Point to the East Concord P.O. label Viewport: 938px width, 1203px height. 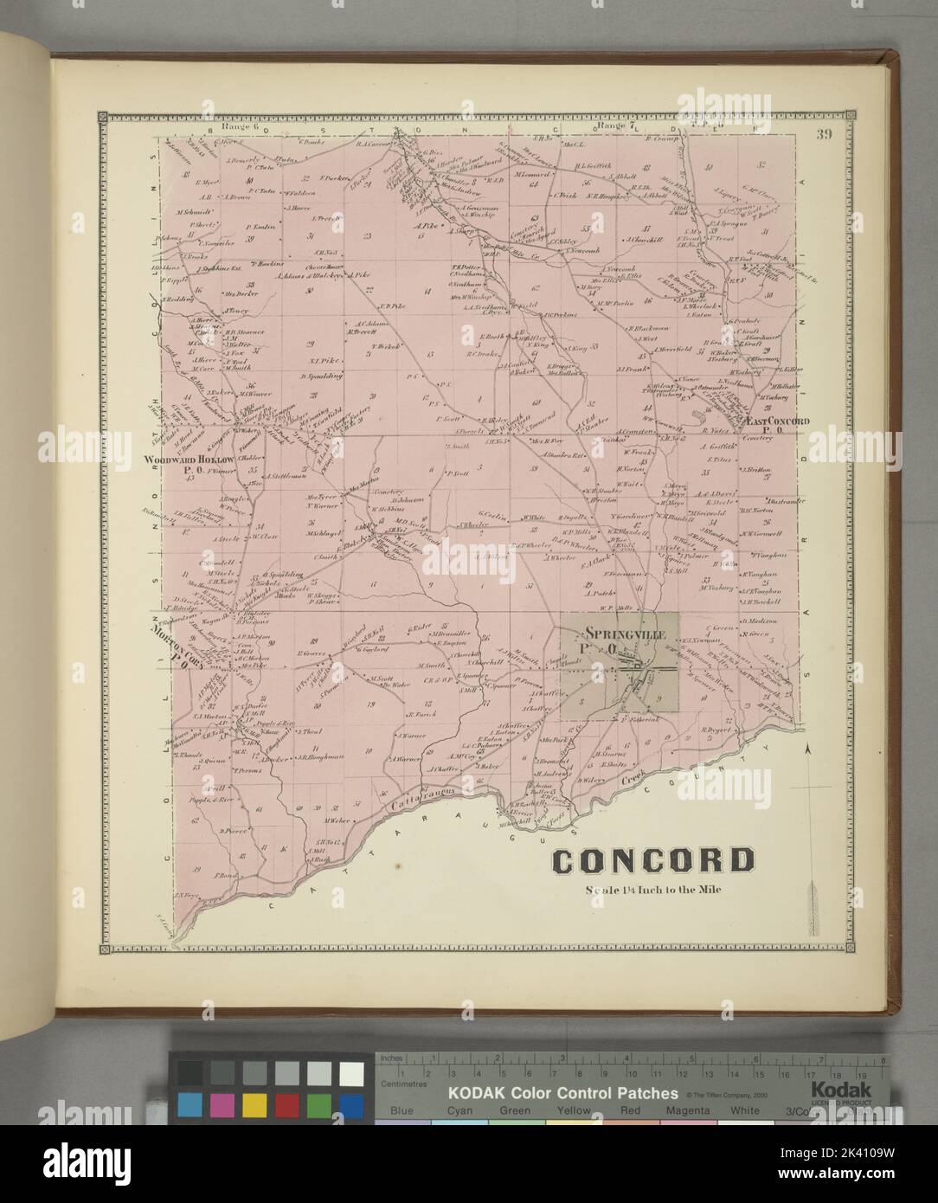pyautogui.click(x=777, y=421)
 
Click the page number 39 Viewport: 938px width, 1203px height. pyautogui.click(x=820, y=134)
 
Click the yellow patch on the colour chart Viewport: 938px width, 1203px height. pyautogui.click(x=254, y=1105)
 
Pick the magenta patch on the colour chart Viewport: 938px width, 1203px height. pyautogui.click(x=222, y=1105)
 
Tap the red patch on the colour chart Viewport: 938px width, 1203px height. pyautogui.click(x=286, y=1105)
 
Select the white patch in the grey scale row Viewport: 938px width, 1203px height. pyautogui.click(x=350, y=1073)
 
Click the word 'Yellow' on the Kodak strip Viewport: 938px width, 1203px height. pyautogui.click(x=574, y=1110)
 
